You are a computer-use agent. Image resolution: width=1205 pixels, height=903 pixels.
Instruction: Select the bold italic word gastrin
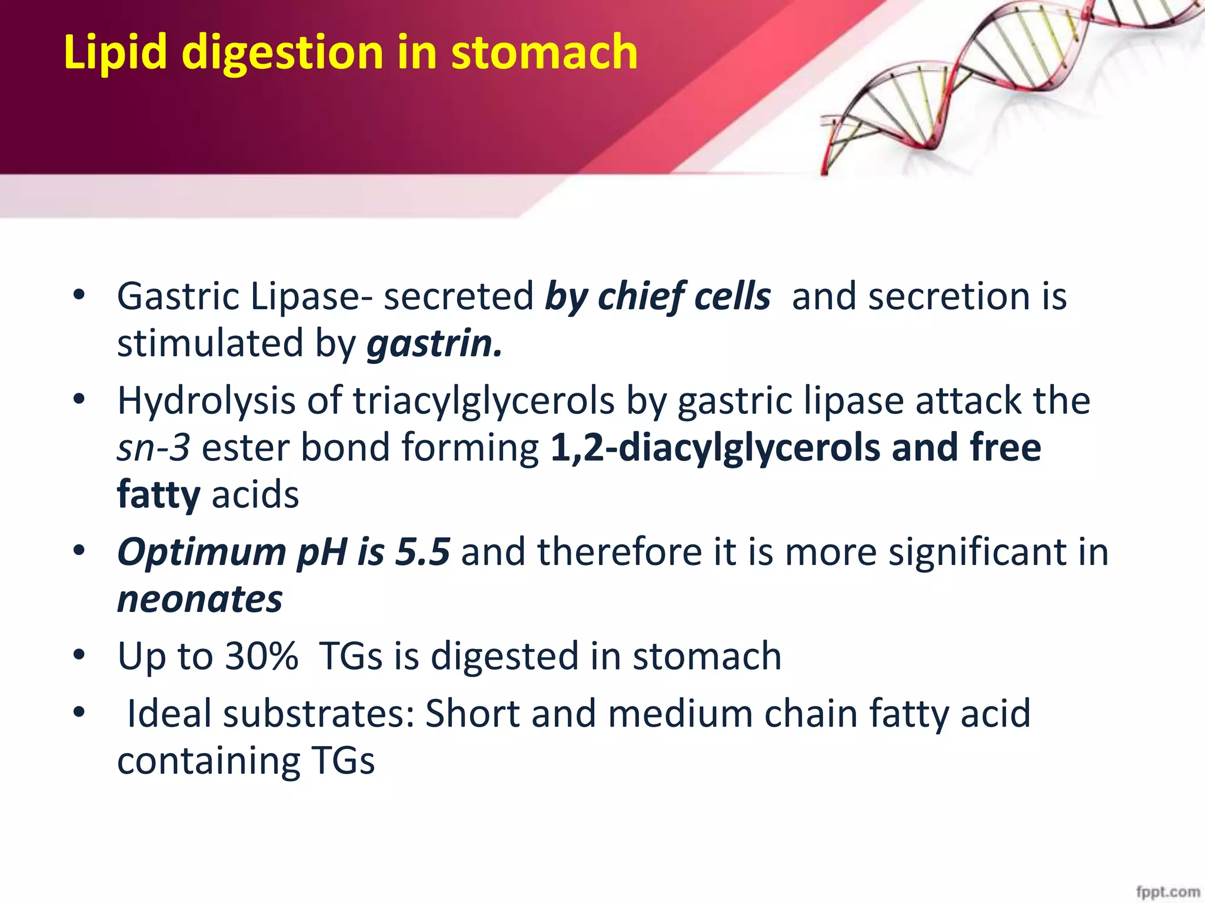[x=434, y=343]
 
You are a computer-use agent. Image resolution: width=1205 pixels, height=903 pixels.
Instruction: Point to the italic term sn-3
[x=153, y=448]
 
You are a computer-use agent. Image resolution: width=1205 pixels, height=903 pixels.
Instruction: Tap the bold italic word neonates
[x=200, y=600]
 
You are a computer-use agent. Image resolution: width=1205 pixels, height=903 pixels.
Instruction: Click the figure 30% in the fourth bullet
[x=261, y=656]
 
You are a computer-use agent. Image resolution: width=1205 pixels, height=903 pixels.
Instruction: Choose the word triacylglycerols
[x=484, y=402]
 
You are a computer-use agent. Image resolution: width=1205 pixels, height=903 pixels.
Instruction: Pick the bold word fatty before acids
[x=158, y=495]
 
